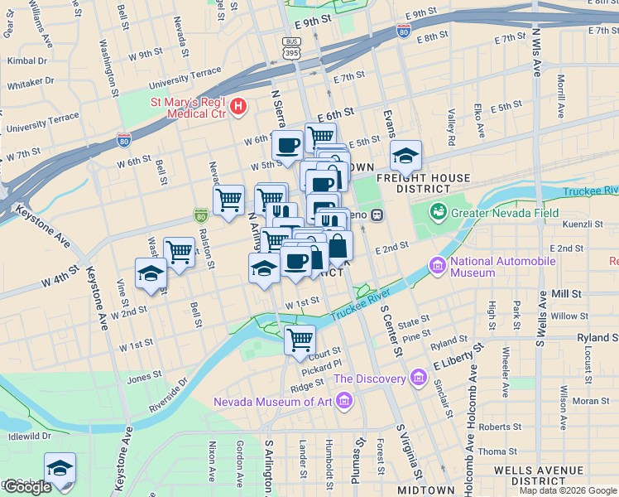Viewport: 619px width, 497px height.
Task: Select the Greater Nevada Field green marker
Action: [438, 211]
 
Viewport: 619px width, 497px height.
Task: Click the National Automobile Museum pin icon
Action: [436, 266]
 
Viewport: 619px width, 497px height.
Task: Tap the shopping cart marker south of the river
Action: [300, 340]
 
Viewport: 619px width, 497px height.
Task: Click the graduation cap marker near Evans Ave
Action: [405, 155]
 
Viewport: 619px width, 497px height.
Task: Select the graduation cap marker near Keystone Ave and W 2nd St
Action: [151, 273]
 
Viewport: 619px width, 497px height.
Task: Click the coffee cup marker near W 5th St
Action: [288, 146]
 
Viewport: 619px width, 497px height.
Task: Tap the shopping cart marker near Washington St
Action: [179, 252]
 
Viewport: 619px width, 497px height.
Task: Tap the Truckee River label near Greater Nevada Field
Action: [590, 191]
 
